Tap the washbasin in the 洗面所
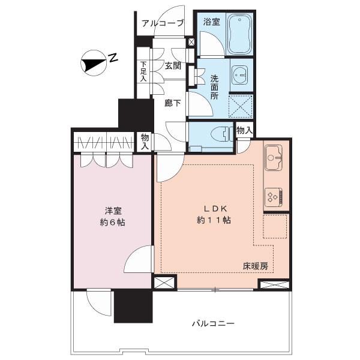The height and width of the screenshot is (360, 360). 240,75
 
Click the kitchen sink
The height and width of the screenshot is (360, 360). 274,157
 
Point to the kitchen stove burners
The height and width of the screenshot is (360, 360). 274,197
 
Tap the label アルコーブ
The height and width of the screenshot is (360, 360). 163,23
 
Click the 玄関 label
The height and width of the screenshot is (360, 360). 173,66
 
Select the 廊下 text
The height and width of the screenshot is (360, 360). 173,103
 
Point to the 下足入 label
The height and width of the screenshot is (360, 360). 143,71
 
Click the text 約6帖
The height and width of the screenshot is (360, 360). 113,223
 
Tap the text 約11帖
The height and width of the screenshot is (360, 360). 214,220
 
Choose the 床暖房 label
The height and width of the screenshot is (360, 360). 256,266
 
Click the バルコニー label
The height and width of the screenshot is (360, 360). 213,324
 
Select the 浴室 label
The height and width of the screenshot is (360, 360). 212,22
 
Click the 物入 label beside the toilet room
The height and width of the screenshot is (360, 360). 245,131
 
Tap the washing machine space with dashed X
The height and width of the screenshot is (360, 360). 241,106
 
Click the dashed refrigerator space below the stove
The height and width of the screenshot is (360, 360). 275,227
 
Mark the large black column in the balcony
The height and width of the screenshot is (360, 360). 133,305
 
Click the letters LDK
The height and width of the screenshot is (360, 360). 215,209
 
